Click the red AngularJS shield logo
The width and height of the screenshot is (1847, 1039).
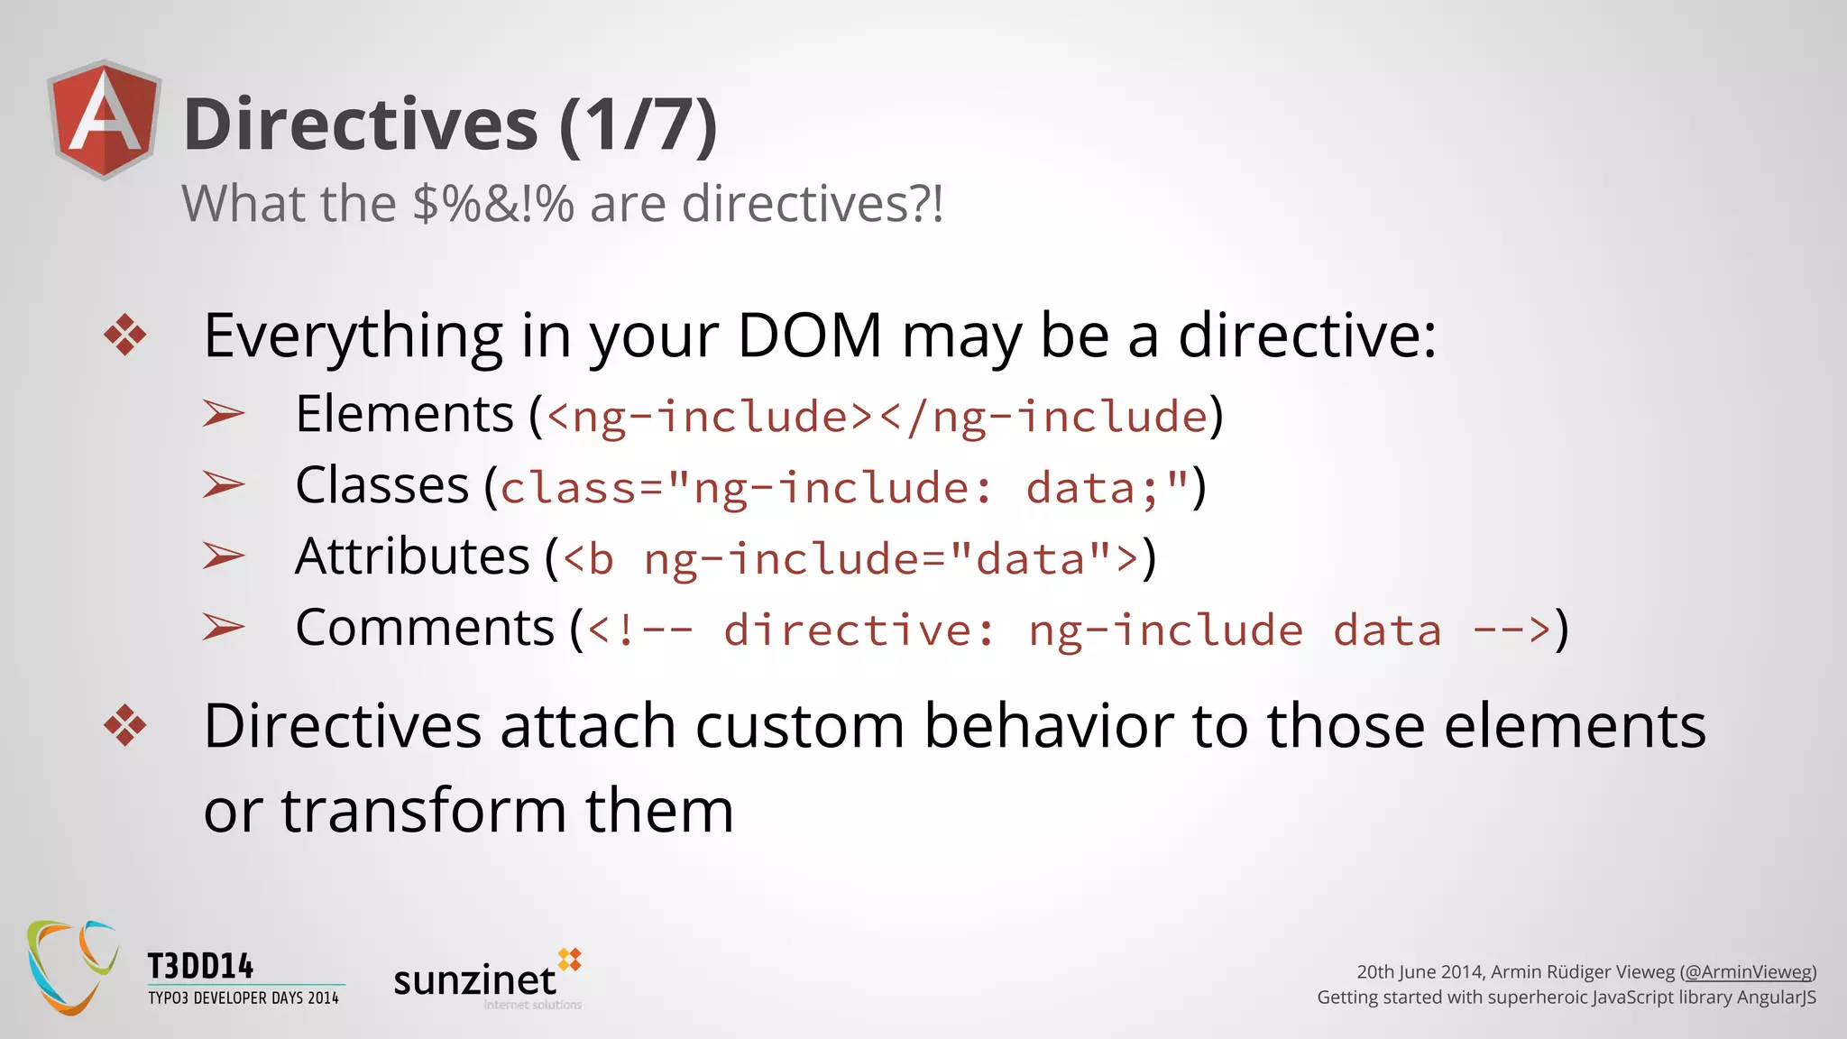pyautogui.click(x=105, y=119)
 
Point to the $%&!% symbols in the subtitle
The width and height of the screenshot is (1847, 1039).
pyautogui.click(x=493, y=204)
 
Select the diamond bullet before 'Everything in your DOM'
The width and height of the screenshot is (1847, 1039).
pyautogui.click(x=124, y=336)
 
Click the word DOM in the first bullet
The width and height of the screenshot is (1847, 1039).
pyautogui.click(x=809, y=336)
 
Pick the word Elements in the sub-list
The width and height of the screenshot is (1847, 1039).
pyautogui.click(x=404, y=415)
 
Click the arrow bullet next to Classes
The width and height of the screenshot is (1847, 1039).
pyautogui.click(x=224, y=485)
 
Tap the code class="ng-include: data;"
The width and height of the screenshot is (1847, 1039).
pyautogui.click(x=844, y=488)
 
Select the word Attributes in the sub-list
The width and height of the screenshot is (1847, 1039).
pyautogui.click(x=412, y=556)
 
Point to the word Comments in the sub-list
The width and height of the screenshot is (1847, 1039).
pyautogui.click(x=425, y=628)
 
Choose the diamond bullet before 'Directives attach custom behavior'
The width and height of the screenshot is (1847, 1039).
pyautogui.click(x=124, y=725)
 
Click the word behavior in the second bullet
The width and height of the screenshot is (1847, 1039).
pyautogui.click(x=1049, y=726)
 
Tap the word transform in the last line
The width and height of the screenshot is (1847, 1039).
pyautogui.click(x=424, y=810)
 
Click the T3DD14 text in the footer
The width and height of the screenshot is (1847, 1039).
pyautogui.click(x=200, y=967)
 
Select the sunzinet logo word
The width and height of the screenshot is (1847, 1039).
pyautogui.click(x=475, y=980)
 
